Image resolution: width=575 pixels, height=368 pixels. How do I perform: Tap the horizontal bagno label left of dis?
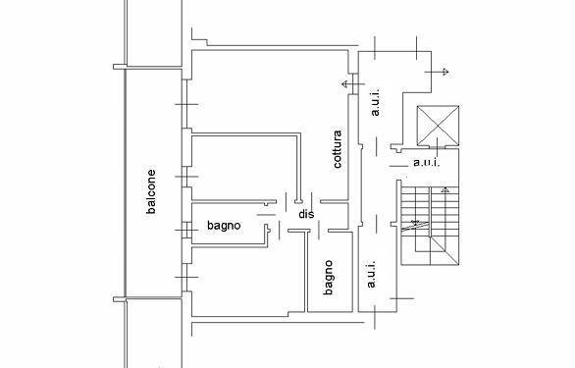tap(224, 227)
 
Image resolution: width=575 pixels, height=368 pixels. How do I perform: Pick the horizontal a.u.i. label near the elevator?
tap(425, 162)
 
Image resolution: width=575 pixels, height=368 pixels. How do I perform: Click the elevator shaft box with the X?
tap(439, 125)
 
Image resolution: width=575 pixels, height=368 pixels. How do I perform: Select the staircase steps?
tap(429, 223)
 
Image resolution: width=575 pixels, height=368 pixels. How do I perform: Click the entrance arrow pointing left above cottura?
tap(344, 85)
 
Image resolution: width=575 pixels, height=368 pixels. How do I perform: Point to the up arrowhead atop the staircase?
tap(444, 187)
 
